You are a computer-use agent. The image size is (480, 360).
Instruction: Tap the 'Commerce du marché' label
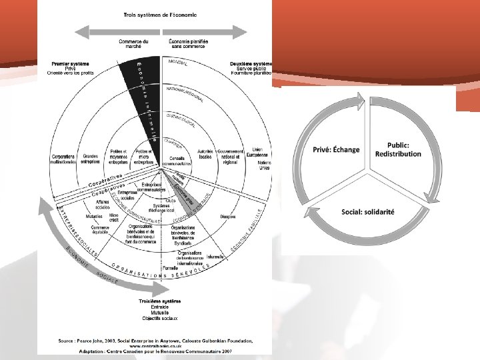(x=134, y=44)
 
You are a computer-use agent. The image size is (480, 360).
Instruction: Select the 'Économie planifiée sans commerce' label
(x=189, y=44)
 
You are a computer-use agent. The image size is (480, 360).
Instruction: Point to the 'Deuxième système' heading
(x=251, y=64)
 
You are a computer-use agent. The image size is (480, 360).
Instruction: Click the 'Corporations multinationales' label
(x=63, y=161)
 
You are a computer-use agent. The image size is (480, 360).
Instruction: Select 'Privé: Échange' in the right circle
(x=337, y=149)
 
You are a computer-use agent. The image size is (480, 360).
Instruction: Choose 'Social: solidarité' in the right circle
(x=368, y=211)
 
